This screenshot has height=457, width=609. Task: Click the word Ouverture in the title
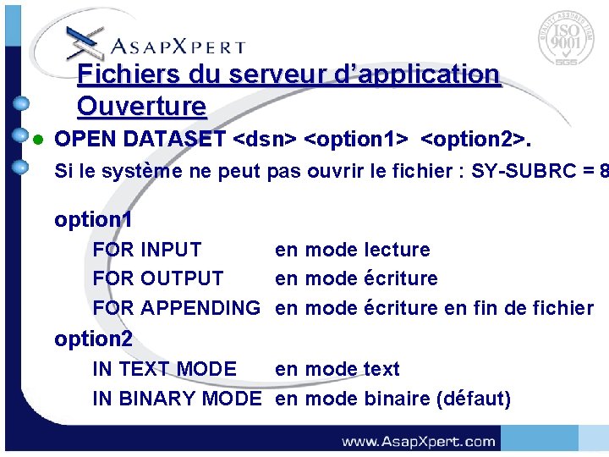[x=141, y=107]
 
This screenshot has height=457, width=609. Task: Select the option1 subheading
[x=93, y=220]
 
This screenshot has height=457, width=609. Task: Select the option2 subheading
[x=93, y=339]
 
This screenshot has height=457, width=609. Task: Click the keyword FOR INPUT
[x=147, y=250]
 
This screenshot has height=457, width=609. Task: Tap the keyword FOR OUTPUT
[x=158, y=278]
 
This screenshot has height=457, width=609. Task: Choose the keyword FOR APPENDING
[x=176, y=308]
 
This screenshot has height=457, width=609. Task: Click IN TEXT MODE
[x=164, y=369]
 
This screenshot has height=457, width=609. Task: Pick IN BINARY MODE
[x=176, y=399]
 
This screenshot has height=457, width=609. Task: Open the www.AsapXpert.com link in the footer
[x=418, y=441]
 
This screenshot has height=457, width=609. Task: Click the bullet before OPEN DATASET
[x=36, y=139]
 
